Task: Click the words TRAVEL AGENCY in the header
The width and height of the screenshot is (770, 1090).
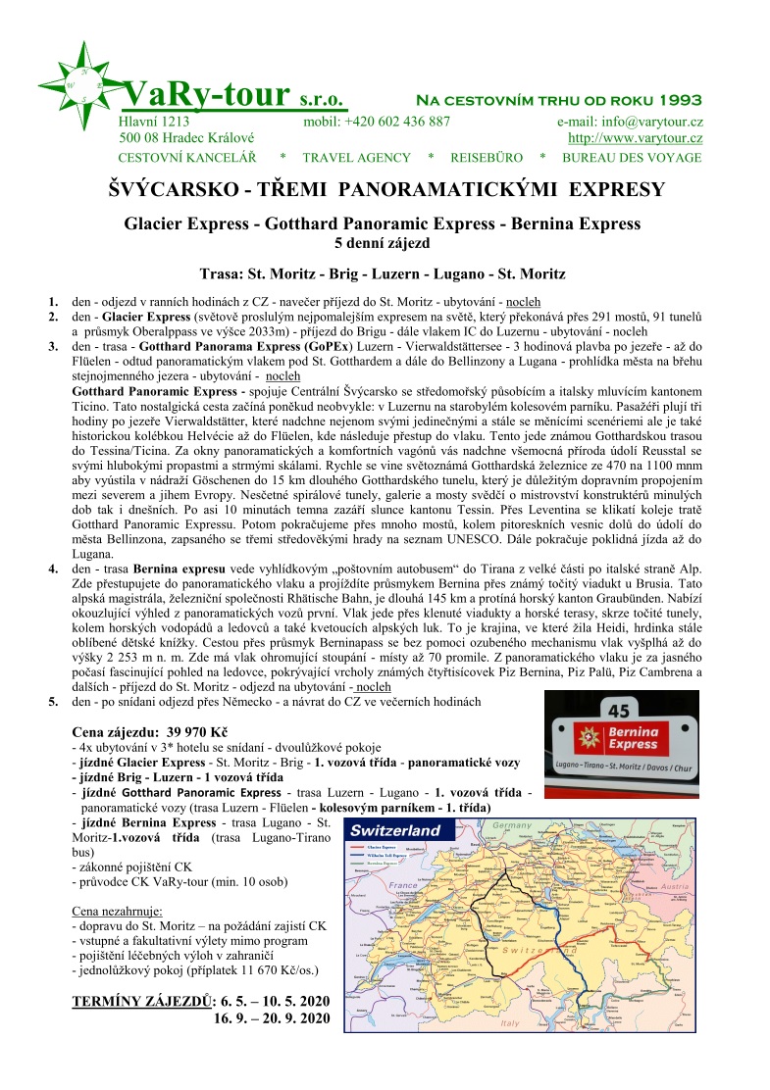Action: [356, 158]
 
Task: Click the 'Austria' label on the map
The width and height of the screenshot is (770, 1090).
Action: [676, 884]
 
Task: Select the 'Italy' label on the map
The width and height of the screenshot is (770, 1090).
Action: [509, 1022]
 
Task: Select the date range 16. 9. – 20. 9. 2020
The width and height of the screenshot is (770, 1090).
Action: [271, 1018]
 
